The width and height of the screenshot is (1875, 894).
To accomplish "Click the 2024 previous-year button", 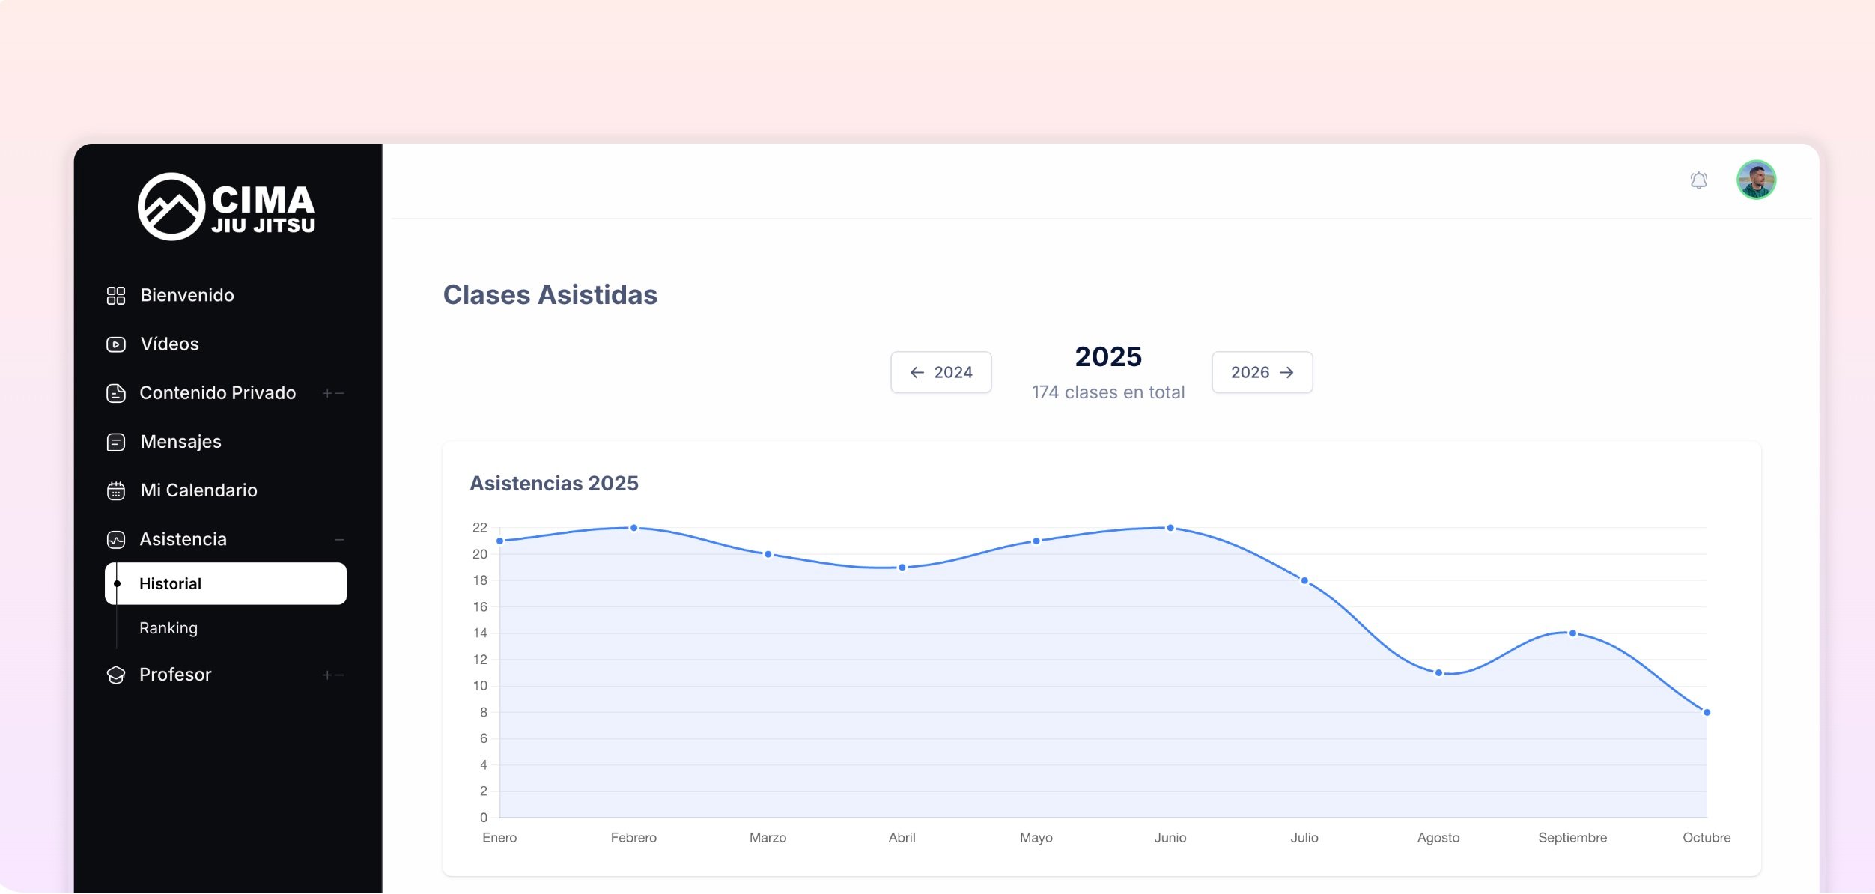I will coord(940,372).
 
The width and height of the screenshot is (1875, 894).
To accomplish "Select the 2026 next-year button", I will coord(1262,372).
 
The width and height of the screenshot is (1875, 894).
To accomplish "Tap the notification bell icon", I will coord(1698,180).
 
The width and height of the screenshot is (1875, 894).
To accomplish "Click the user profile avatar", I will coord(1756,180).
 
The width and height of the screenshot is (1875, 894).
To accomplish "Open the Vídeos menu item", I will coord(169,344).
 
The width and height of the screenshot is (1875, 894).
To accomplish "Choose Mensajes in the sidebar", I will coord(180,442).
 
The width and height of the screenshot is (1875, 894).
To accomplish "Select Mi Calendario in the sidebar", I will coord(198,490).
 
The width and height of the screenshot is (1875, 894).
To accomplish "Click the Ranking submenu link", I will coord(168,628).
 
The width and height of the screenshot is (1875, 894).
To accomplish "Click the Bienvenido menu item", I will coord(186,296).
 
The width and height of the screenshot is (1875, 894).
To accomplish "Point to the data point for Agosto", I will coord(1438,673).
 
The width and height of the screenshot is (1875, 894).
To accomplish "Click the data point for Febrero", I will coord(633,528).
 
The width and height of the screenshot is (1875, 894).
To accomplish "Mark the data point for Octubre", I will coord(1707,712).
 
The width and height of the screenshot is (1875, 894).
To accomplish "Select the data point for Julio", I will coord(1304,581).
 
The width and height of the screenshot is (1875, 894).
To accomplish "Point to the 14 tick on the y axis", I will coord(480,633).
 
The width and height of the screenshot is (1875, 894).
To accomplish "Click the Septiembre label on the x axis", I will coord(1572,838).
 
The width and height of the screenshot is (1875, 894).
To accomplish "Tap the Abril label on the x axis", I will coord(902,838).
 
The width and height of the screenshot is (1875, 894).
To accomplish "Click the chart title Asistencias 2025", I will coord(553,484).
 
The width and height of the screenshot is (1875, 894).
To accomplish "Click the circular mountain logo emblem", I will coord(171,207).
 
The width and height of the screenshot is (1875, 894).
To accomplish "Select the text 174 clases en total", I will coord(1107,392).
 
